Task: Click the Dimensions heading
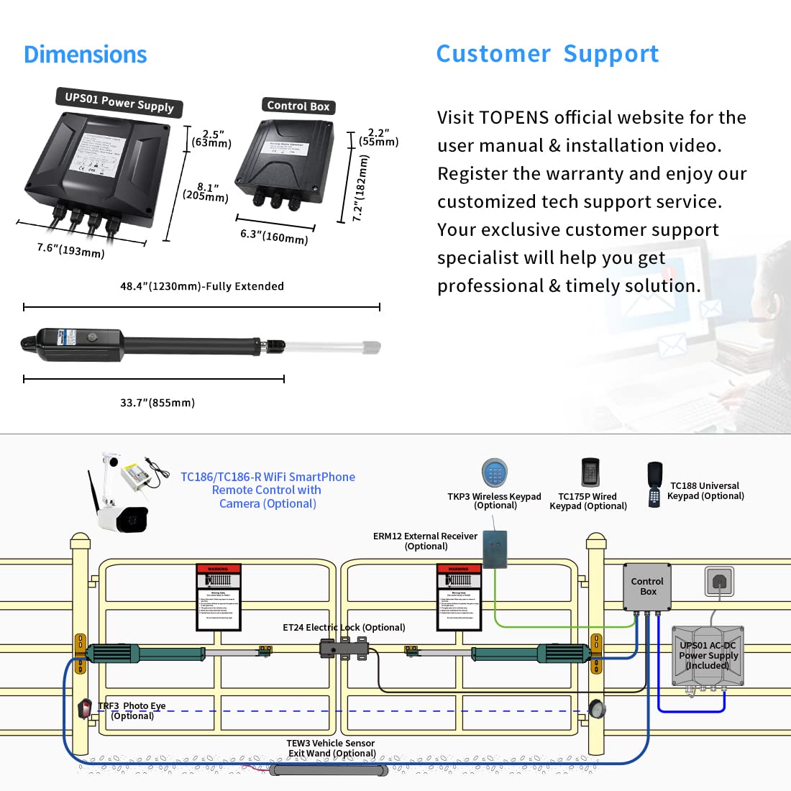(85, 55)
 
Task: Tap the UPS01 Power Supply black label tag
(119, 103)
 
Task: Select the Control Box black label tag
(298, 106)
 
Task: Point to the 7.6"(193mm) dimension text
(70, 250)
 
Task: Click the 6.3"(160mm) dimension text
(274, 236)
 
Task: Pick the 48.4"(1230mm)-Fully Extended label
(201, 286)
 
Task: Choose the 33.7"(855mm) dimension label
(157, 403)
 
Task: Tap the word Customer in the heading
(493, 54)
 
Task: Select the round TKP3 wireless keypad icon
(495, 474)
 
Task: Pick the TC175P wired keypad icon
(590, 472)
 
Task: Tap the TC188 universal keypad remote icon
(654, 483)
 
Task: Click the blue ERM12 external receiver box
(494, 549)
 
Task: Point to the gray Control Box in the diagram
(646, 586)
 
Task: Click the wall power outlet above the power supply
(718, 580)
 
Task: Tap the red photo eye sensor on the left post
(85, 708)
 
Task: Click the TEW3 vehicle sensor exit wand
(329, 770)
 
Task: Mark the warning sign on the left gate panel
(218, 598)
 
